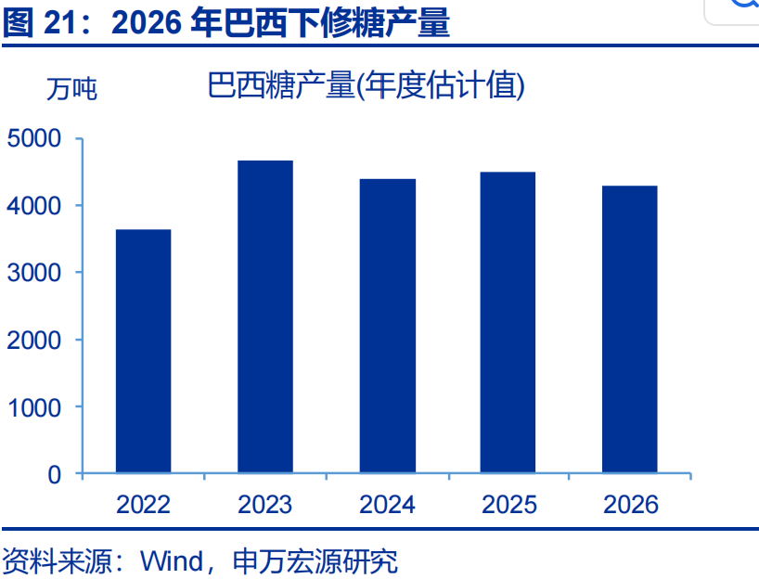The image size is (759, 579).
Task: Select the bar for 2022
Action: tap(143, 351)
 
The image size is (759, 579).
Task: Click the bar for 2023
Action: tap(265, 316)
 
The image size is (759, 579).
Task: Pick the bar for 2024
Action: tap(387, 326)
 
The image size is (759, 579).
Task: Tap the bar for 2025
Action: tap(508, 322)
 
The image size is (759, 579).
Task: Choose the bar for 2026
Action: tap(630, 329)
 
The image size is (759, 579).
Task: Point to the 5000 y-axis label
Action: tap(34, 138)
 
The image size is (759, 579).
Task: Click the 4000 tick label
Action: tap(34, 206)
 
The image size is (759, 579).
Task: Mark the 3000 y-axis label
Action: tap(34, 273)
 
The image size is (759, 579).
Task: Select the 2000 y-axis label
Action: tap(34, 341)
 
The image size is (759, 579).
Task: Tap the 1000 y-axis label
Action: tap(34, 407)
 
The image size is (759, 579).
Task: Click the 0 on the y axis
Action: tap(54, 475)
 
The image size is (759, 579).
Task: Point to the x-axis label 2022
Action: tap(143, 505)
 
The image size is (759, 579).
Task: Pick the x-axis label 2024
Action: tap(387, 505)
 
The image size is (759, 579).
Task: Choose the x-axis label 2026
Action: tap(631, 505)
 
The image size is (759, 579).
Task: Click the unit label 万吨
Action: tap(71, 89)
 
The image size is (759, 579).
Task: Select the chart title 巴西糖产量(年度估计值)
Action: tap(366, 85)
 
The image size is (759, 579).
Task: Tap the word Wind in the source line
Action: tap(172, 561)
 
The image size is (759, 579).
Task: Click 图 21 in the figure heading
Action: tap(40, 22)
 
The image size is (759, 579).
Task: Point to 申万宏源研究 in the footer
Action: tap(315, 561)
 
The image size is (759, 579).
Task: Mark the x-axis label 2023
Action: tap(265, 505)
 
